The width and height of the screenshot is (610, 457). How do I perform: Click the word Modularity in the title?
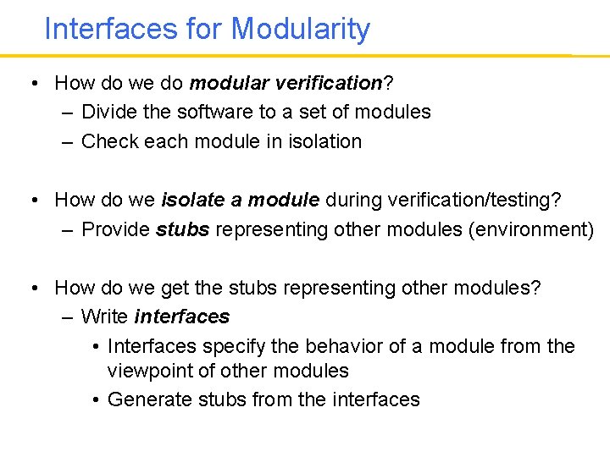point(301,30)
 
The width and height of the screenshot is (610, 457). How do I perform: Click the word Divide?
point(108,112)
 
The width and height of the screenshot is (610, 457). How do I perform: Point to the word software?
point(197,112)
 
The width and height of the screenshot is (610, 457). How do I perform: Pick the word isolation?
point(325,141)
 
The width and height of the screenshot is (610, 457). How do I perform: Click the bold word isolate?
point(188,200)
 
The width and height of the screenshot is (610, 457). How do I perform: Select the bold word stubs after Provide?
point(182,229)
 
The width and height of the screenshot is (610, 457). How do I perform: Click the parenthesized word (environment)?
point(530,229)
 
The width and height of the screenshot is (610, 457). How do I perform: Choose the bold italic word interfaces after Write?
point(181,317)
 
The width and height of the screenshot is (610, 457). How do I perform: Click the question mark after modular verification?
point(387,83)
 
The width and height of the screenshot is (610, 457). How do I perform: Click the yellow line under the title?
point(305,56)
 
